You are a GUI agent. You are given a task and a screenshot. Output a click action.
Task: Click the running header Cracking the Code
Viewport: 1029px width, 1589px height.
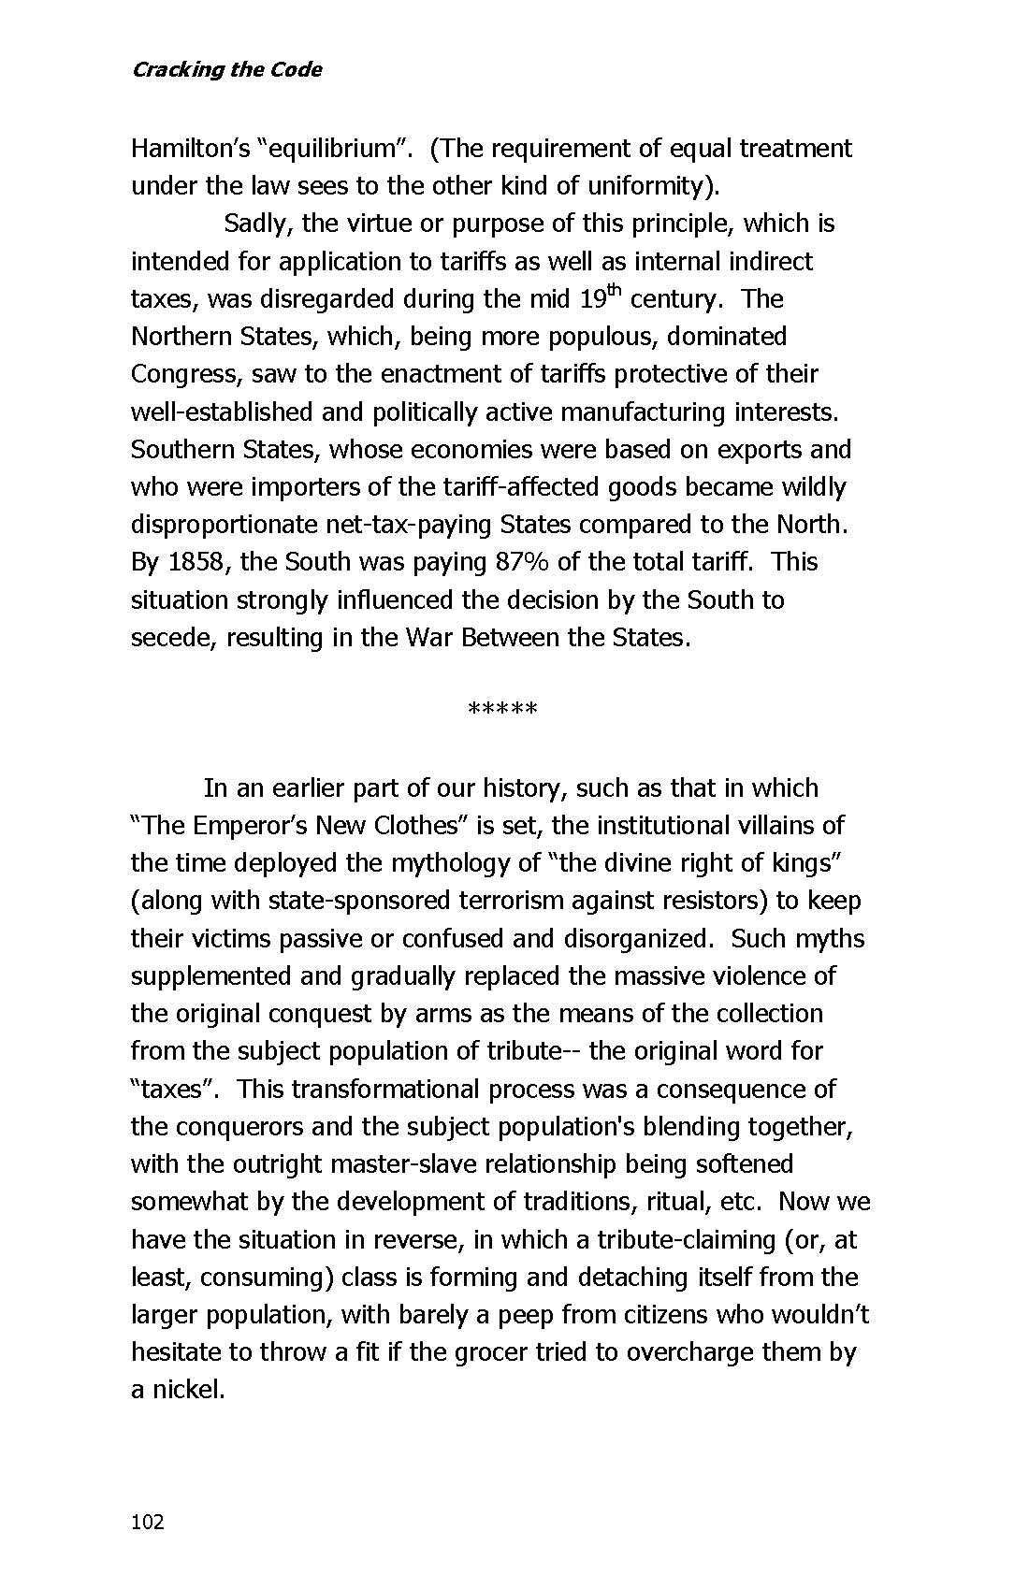pyautogui.click(x=226, y=70)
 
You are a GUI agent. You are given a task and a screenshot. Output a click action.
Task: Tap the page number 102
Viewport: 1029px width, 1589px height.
pyautogui.click(x=148, y=1522)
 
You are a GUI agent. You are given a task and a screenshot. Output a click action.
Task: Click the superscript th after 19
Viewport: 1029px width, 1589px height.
pyautogui.click(x=615, y=291)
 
